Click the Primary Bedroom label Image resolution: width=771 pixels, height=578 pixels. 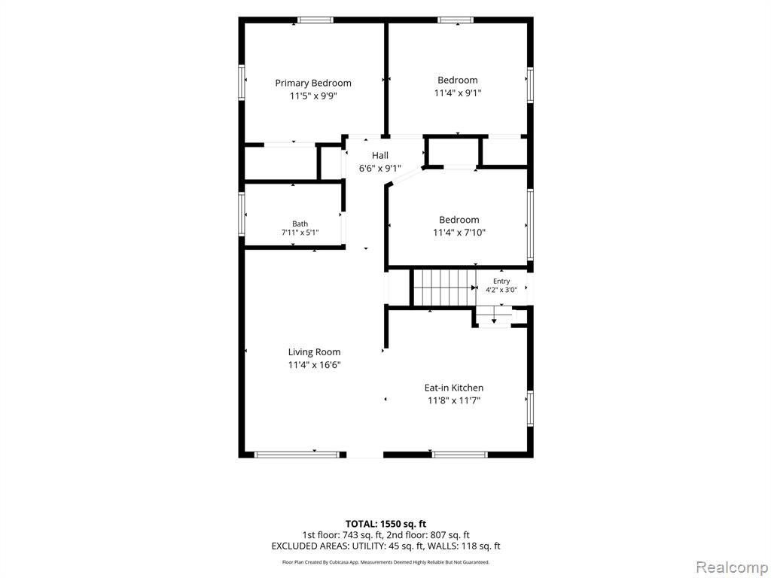click(313, 83)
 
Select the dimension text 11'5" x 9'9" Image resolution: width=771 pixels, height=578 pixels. click(313, 96)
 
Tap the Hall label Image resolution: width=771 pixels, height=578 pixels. click(380, 155)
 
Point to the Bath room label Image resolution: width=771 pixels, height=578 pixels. click(300, 224)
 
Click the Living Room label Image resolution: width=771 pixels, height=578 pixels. click(314, 352)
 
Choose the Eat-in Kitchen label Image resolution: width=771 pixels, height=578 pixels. click(454, 388)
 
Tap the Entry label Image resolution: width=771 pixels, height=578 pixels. click(501, 281)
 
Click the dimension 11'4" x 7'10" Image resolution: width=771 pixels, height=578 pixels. click(459, 233)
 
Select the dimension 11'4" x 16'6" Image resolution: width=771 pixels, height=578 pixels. click(315, 365)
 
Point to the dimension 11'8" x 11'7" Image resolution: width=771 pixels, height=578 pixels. click(454, 400)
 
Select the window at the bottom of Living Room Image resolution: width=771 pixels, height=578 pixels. click(297, 455)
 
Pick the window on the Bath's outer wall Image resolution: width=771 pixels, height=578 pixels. click(242, 213)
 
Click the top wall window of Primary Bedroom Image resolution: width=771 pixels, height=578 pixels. click(315, 20)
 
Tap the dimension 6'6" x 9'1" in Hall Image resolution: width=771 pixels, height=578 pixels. click(380, 169)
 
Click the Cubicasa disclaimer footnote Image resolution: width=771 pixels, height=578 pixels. click(385, 561)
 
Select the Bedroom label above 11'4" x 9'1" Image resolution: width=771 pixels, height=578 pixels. click(458, 80)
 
